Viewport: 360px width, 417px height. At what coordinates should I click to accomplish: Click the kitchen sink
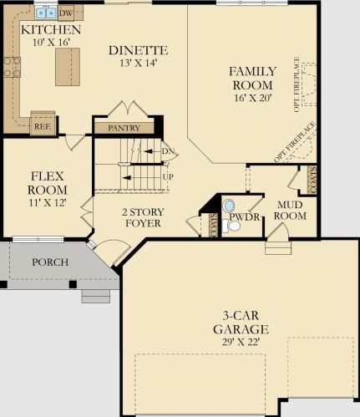(46, 13)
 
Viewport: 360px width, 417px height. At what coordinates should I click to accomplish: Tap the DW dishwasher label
(66, 13)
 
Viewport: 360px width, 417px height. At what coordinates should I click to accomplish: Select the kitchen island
(68, 67)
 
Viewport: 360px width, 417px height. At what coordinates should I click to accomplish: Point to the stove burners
(12, 67)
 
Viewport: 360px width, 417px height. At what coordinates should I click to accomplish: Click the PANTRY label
(124, 128)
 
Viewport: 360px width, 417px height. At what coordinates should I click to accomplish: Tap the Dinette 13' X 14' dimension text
(139, 64)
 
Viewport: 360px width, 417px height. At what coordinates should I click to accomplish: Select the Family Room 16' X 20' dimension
(252, 98)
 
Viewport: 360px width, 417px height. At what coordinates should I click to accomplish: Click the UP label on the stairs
(168, 177)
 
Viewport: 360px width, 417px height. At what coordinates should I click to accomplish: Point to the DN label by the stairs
(168, 151)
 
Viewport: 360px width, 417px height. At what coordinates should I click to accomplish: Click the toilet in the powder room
(231, 226)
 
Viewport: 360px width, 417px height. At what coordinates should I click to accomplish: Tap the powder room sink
(229, 206)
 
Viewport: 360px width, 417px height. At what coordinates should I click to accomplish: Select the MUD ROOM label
(290, 211)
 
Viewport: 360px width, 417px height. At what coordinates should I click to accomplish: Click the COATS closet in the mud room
(312, 181)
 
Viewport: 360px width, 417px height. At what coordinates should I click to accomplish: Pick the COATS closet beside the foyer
(214, 225)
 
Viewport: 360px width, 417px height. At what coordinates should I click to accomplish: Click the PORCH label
(50, 262)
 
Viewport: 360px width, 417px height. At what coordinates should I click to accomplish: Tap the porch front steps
(96, 296)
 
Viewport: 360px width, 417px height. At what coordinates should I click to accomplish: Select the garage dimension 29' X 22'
(241, 342)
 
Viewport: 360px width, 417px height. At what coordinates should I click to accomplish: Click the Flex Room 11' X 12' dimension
(48, 202)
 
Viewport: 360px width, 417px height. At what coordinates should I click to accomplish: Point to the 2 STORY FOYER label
(143, 217)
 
